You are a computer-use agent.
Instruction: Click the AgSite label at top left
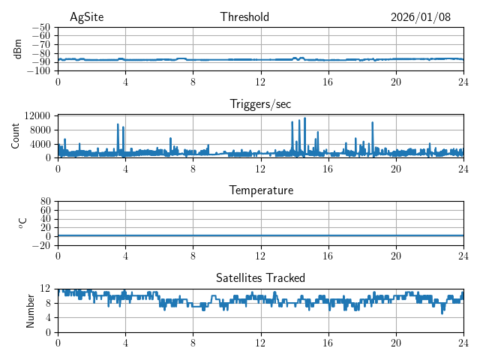pos(86,17)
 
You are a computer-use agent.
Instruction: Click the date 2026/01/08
pos(421,17)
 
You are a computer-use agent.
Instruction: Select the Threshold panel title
pos(244,17)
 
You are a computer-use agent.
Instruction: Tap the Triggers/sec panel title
pos(260,104)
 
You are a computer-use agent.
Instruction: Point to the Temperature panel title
pos(260,190)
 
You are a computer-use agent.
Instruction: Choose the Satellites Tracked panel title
pos(260,277)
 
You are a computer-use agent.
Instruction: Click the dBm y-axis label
pos(18,49)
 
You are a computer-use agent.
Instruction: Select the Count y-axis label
pos(15,136)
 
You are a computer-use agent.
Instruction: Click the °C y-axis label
pos(22,223)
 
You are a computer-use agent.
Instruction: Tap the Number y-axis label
pos(30,310)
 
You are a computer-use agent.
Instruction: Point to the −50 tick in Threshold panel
pos(40,27)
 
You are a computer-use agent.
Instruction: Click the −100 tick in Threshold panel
pos(37,71)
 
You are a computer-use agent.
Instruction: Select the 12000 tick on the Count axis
pos(36,115)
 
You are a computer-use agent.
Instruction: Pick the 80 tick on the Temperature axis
pos(45,202)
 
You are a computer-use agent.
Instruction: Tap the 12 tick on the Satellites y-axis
pos(45,289)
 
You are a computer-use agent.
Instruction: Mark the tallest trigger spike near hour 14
pos(305,118)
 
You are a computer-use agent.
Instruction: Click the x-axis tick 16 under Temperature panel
pos(328,256)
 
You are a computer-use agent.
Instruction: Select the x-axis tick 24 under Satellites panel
pos(463,343)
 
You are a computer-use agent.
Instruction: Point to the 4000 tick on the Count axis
pos(39,144)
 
